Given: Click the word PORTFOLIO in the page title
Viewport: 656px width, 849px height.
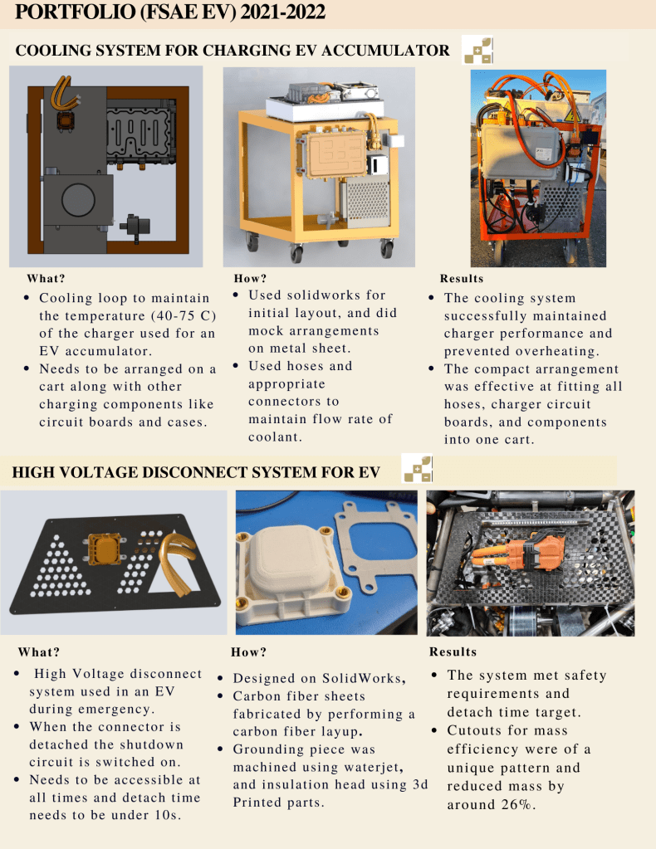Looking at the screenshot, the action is coord(75,12).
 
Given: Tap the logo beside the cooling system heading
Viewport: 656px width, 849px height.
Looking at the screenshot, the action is coord(477,51).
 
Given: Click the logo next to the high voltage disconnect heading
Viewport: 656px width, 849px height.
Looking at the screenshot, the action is coord(417,468).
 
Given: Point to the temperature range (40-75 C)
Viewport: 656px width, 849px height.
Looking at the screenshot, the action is coord(184,315).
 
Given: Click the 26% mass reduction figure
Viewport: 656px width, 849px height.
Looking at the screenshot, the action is coord(516,805).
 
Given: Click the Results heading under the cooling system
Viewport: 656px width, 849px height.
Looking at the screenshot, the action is coord(462,278).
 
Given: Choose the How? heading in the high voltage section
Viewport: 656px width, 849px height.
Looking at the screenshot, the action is coord(248,652).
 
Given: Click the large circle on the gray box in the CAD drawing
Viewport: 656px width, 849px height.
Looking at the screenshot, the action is coord(79,200).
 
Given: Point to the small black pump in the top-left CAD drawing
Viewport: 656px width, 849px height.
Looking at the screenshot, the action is coord(135,225).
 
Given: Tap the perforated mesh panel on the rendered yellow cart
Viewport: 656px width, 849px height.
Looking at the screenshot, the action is coord(368,202).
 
